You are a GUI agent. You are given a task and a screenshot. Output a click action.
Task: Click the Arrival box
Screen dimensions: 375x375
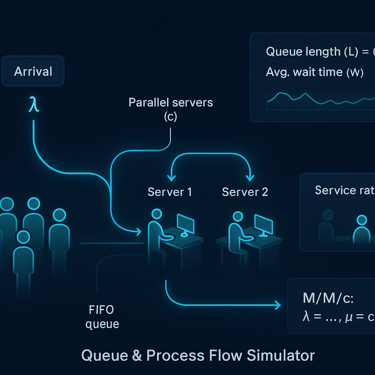pyautogui.click(x=33, y=71)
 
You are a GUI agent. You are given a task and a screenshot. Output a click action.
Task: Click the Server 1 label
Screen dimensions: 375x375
pyautogui.click(x=170, y=192)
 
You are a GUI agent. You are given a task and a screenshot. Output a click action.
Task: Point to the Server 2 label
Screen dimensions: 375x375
pyautogui.click(x=245, y=192)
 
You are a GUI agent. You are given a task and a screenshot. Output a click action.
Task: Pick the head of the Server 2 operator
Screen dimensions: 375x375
pyautogui.click(x=238, y=216)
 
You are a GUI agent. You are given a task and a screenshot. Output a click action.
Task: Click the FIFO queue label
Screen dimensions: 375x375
pyautogui.click(x=102, y=317)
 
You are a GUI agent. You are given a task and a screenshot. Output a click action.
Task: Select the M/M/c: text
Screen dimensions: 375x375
pyautogui.click(x=328, y=298)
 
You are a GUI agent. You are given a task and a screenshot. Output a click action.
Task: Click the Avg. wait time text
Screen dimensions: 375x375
pyautogui.click(x=315, y=72)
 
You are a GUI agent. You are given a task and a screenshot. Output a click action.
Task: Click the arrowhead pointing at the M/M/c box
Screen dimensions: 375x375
pyautogui.click(x=277, y=305)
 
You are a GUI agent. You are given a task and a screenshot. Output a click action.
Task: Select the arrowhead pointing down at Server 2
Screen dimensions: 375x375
pyautogui.click(x=250, y=178)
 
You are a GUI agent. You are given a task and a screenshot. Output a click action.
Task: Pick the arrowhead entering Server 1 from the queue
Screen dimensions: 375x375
pyautogui.click(x=138, y=231)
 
